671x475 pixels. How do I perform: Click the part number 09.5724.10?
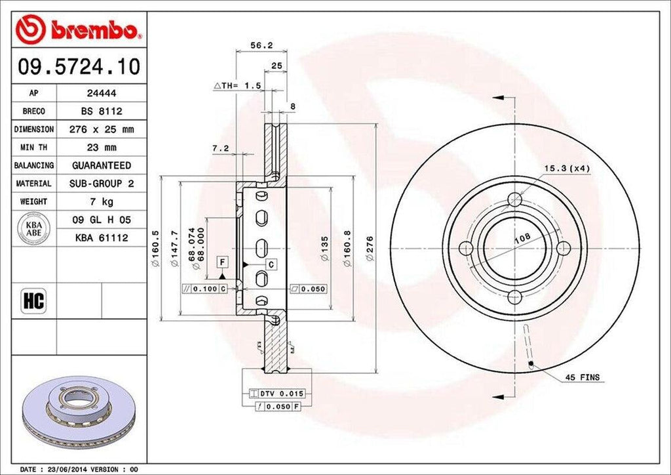click(x=78, y=67)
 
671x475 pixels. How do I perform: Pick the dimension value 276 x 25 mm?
click(x=101, y=130)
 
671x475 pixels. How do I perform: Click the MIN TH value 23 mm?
click(x=101, y=148)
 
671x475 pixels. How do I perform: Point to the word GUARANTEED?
click(x=101, y=165)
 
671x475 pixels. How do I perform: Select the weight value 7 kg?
click(x=101, y=201)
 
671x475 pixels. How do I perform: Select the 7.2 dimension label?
click(x=220, y=148)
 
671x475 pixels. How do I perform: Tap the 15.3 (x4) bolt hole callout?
click(x=567, y=169)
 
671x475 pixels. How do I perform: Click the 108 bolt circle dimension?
click(x=522, y=239)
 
